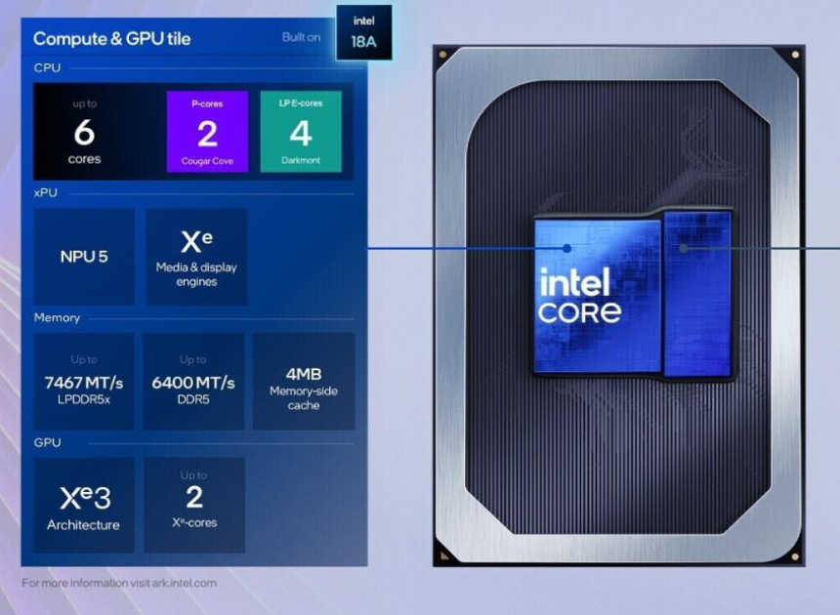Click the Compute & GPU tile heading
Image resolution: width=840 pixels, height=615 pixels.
111,39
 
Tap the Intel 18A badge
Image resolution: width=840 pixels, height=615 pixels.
363,32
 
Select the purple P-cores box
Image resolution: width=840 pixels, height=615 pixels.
207,132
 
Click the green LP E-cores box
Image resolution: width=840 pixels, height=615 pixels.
301,132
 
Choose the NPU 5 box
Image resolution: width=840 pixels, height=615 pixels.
84,257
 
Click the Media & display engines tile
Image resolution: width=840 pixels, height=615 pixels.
196,257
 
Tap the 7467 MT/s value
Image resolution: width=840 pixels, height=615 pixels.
84,383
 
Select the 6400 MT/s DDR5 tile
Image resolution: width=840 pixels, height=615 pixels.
193,383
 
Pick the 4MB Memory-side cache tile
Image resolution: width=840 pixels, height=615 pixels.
304,382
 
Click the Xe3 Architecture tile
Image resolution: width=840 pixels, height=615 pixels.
84,506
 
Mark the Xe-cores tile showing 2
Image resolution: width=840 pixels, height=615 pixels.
194,506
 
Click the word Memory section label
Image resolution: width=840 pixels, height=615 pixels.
57,318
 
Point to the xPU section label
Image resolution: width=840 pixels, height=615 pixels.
46,193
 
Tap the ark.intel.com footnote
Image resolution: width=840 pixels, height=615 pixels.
119,583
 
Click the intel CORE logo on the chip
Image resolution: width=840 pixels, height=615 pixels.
580,297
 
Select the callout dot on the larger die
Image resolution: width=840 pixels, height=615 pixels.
567,248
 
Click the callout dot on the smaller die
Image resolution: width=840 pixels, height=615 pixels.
684,248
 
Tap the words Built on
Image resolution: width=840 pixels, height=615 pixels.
302,38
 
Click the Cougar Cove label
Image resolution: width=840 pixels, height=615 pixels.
207,161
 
